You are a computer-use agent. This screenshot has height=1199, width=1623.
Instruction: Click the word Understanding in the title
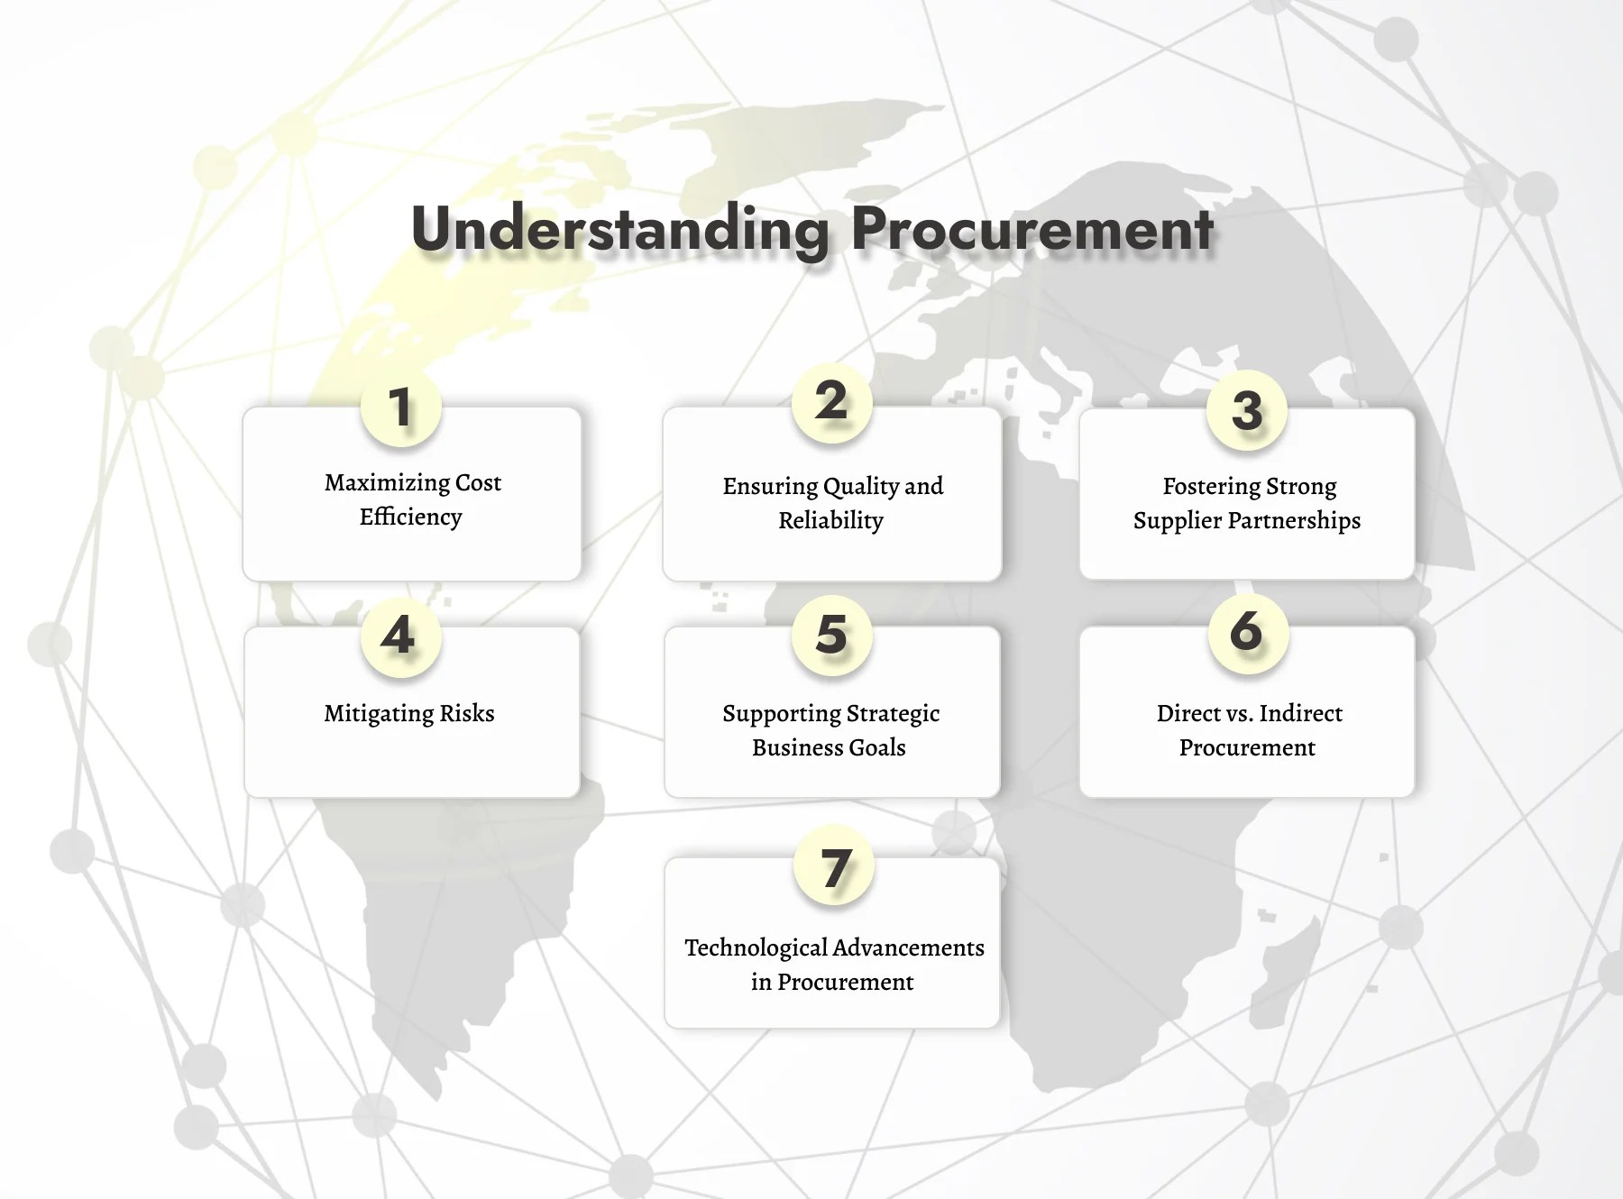point(619,229)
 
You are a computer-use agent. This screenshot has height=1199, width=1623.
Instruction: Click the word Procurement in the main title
point(1032,229)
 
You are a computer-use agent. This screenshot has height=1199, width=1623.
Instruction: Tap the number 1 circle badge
point(400,407)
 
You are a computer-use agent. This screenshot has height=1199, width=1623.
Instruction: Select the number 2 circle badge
point(831,401)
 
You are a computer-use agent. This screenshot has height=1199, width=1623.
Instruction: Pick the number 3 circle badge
point(1247,410)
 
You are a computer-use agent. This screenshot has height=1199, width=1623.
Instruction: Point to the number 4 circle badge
point(399,636)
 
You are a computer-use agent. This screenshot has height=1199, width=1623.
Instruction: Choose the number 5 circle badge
point(831,634)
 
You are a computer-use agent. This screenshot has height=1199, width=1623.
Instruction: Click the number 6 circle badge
point(1247,631)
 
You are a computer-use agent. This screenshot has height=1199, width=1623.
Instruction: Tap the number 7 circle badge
point(835,867)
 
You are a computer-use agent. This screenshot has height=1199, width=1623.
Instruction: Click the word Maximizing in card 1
point(386,483)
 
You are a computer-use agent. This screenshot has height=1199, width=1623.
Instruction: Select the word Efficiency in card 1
point(411,517)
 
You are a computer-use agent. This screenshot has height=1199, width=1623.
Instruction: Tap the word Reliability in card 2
point(831,521)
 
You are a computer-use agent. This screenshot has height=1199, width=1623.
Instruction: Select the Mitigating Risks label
point(409,714)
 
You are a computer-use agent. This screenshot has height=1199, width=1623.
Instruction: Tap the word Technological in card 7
point(755,948)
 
